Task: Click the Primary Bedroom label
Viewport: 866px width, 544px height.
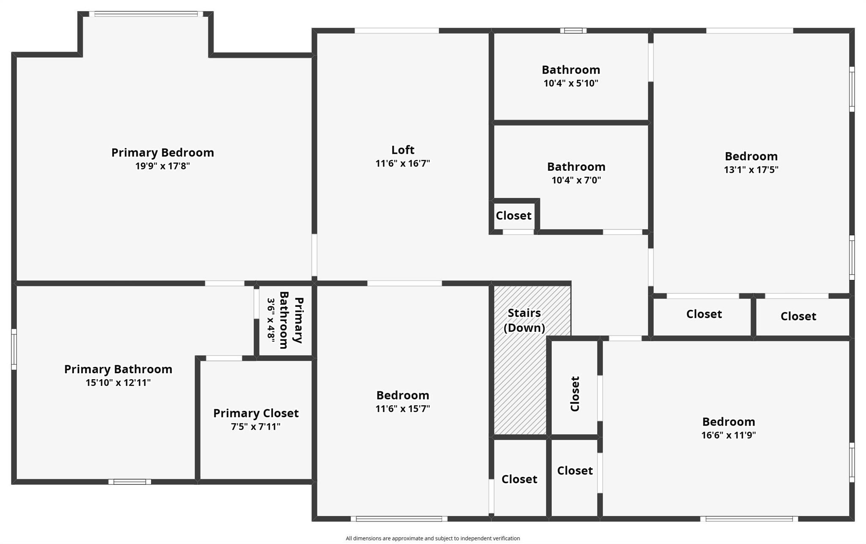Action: (x=162, y=153)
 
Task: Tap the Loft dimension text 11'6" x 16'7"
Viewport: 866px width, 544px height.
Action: (x=403, y=164)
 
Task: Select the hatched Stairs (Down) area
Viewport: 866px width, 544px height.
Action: (x=520, y=380)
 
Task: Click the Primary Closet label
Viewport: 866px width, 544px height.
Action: (x=256, y=413)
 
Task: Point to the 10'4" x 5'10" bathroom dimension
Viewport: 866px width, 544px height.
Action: (x=571, y=83)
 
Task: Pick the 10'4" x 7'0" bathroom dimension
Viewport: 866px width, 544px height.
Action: (x=576, y=180)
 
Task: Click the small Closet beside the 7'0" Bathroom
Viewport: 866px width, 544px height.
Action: (x=513, y=216)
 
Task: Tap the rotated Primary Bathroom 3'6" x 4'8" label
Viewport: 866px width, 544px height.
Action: (x=285, y=320)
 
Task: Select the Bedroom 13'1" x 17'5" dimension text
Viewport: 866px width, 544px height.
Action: (x=751, y=170)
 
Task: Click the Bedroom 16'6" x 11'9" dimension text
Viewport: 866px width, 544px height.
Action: (x=728, y=435)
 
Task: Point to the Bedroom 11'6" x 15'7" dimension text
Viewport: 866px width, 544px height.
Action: (x=403, y=409)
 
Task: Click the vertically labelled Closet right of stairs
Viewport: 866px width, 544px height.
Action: (x=575, y=394)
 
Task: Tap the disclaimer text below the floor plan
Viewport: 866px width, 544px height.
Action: (x=433, y=538)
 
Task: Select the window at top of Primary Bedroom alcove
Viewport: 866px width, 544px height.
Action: (x=146, y=14)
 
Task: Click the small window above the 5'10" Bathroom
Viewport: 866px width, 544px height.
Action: (x=573, y=30)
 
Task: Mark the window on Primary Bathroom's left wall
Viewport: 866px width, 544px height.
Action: (x=14, y=349)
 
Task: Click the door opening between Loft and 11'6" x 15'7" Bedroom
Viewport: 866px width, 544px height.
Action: (x=404, y=283)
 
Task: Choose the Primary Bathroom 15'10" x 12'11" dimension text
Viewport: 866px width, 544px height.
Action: (x=118, y=383)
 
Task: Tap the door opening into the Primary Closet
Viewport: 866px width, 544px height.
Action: (x=224, y=358)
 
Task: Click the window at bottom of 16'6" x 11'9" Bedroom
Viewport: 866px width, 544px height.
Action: (x=749, y=519)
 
